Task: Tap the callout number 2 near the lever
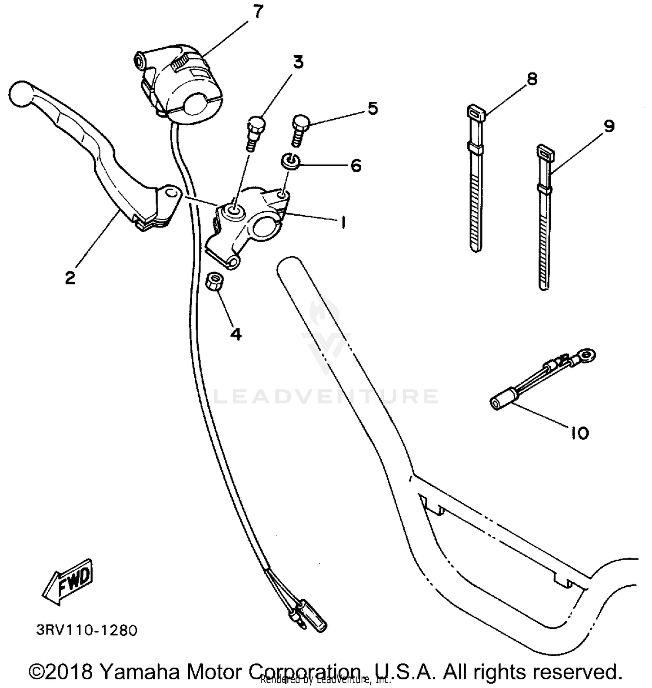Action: (x=70, y=277)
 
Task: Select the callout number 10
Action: (x=579, y=433)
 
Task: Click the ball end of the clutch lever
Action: (x=20, y=94)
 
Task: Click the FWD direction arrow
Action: (x=69, y=581)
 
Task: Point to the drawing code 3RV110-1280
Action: (x=86, y=630)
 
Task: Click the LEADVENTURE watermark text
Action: (x=326, y=397)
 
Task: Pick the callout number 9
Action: (x=609, y=127)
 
